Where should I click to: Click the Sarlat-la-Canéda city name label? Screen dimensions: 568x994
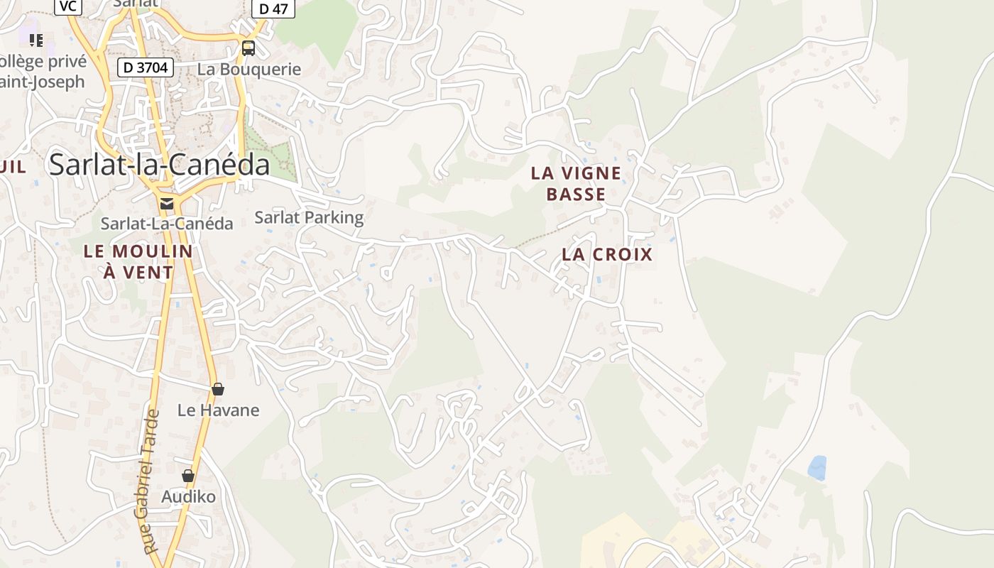[x=159, y=165]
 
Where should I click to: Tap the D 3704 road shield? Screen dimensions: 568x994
[x=145, y=67]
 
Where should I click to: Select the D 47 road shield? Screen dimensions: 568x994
[x=273, y=9]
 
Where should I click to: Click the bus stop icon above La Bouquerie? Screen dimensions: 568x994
[x=248, y=48]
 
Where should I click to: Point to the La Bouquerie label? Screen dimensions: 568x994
[x=249, y=70]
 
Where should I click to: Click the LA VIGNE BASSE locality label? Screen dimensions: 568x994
[x=576, y=183]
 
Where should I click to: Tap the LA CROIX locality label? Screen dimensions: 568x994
[x=606, y=254]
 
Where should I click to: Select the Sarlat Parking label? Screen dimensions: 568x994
[x=309, y=217]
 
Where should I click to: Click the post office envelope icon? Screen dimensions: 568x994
[x=167, y=204]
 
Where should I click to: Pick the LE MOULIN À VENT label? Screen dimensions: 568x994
[x=138, y=261]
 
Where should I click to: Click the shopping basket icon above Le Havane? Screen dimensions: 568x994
[x=218, y=389]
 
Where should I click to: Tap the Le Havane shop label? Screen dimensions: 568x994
[x=218, y=410]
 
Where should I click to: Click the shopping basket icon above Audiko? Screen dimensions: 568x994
[x=188, y=476]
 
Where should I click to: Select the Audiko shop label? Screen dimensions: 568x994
[x=188, y=496]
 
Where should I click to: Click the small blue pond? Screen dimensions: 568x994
[x=817, y=468]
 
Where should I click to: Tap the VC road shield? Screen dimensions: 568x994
[x=67, y=6]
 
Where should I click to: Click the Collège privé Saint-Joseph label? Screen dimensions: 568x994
[x=43, y=71]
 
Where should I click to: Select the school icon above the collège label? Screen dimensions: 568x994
[x=35, y=40]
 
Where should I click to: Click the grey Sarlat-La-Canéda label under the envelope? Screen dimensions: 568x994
[x=167, y=224]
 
